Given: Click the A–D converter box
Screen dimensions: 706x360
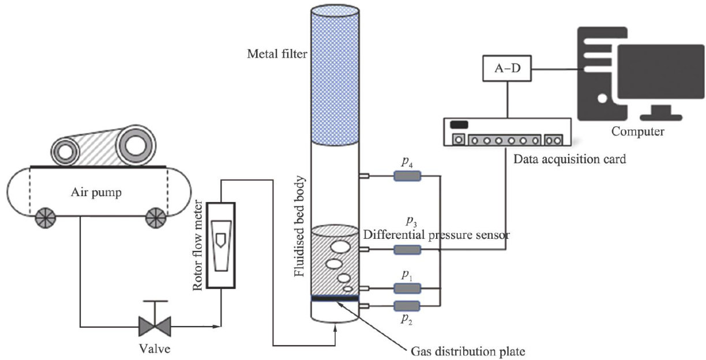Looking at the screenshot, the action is click(x=507, y=69).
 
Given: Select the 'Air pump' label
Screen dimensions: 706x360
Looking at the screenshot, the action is click(x=96, y=192).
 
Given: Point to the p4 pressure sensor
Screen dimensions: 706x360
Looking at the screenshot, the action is click(x=407, y=176).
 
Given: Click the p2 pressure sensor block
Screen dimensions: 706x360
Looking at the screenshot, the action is click(x=407, y=306).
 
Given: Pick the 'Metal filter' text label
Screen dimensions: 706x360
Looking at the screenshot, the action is click(x=277, y=54).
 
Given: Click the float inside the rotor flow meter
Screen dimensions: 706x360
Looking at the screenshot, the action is click(x=221, y=241).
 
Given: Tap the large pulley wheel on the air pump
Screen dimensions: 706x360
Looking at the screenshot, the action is click(x=136, y=145).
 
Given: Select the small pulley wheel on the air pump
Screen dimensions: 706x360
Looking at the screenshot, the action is click(x=65, y=152).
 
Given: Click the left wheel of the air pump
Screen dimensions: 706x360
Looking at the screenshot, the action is click(x=46, y=218).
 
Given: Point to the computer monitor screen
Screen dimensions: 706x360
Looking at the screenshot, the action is click(x=660, y=72).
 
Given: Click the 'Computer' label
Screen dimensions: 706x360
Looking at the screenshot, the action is click(x=637, y=132).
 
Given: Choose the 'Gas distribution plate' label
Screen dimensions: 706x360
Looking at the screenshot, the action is click(x=468, y=351).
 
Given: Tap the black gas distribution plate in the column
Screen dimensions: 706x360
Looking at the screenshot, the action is click(x=335, y=298).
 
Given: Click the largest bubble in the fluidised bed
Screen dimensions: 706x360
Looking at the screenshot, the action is click(x=340, y=247).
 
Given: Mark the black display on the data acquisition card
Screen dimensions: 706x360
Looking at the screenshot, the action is click(x=459, y=125).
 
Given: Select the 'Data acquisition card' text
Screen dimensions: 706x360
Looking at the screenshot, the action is click(x=569, y=159).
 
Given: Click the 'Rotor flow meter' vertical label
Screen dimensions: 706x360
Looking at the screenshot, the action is click(x=198, y=245).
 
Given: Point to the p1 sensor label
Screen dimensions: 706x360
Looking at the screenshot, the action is click(x=407, y=275).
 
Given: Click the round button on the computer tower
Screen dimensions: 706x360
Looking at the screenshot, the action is click(x=602, y=98).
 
